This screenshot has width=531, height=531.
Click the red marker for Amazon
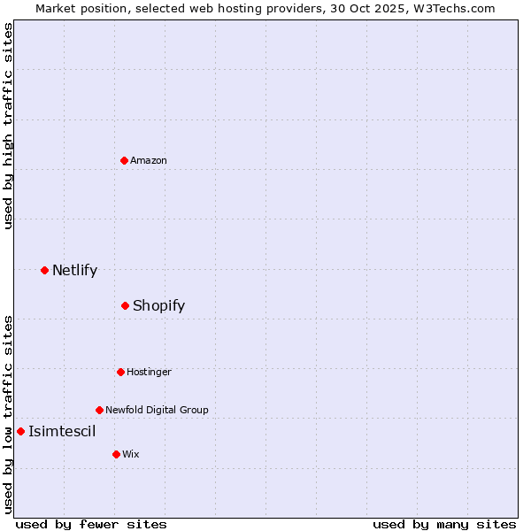pyautogui.click(x=125, y=160)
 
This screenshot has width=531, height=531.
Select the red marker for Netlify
pyautogui.click(x=44, y=270)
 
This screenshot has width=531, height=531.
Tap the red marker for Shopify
pyautogui.click(x=126, y=305)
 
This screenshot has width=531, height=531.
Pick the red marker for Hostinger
pyautogui.click(x=120, y=372)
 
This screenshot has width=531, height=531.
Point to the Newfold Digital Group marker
pyautogui.click(x=99, y=410)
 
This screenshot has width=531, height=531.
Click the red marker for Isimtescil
pyautogui.click(x=20, y=431)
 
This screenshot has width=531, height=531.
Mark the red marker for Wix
pyautogui.click(x=116, y=454)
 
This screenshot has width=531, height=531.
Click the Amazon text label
pyautogui.click(x=149, y=160)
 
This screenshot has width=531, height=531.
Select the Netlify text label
pyautogui.click(x=74, y=270)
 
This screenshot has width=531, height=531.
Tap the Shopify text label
pyautogui.click(x=158, y=305)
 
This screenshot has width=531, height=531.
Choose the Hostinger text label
pyautogui.click(x=149, y=372)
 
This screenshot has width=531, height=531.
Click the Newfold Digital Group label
pyautogui.click(x=157, y=410)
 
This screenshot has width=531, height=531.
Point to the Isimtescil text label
pyautogui.click(x=62, y=431)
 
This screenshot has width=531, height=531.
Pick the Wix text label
pyautogui.click(x=131, y=454)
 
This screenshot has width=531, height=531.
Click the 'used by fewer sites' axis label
pyautogui.click(x=91, y=524)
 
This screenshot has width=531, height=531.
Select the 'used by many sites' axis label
pyautogui.click(x=444, y=524)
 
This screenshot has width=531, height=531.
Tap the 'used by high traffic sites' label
pyautogui.click(x=8, y=126)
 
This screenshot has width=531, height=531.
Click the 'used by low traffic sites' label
pyautogui.click(x=8, y=414)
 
